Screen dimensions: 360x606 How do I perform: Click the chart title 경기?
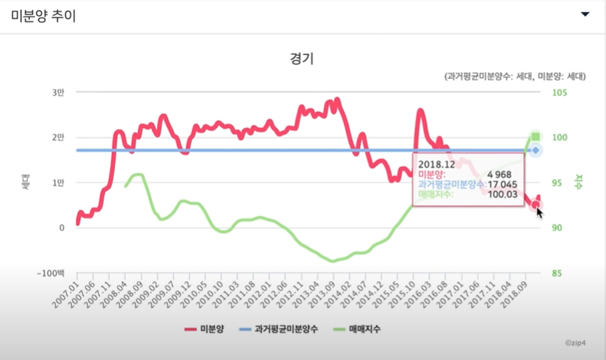click(x=302, y=58)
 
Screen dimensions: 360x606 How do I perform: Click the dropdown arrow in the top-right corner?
click(x=585, y=15)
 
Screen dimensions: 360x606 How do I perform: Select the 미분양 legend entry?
click(x=208, y=329)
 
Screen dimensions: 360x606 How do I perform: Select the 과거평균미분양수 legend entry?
click(x=277, y=329)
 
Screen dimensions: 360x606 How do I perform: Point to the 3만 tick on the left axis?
click(x=58, y=93)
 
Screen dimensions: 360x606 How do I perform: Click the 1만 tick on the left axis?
click(x=58, y=182)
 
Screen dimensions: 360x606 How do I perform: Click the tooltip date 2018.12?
click(x=437, y=163)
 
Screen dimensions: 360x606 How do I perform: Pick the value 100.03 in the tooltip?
click(x=504, y=194)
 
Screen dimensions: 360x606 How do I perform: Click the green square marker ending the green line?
click(x=536, y=136)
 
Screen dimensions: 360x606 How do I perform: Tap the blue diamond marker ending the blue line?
click(x=536, y=150)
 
